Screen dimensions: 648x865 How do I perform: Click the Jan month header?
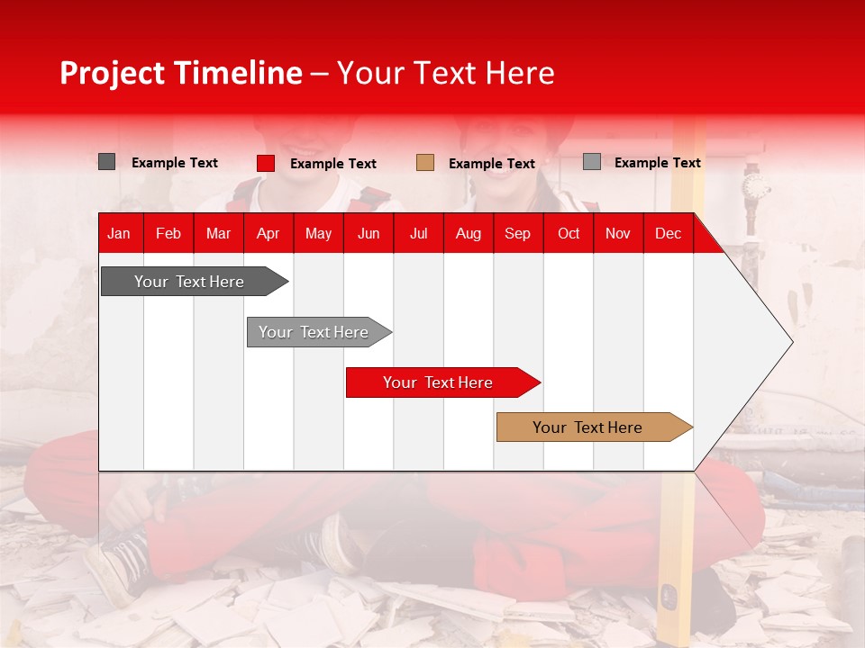(x=119, y=233)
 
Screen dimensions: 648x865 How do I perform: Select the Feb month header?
(x=168, y=233)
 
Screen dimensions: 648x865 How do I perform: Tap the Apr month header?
(x=268, y=233)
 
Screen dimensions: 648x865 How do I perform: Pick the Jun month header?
(x=369, y=233)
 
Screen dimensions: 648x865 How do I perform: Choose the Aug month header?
(x=468, y=233)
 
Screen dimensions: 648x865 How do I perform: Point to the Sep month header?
(x=517, y=233)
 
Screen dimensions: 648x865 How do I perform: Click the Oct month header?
(x=569, y=233)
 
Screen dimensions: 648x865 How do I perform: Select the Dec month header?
(x=668, y=233)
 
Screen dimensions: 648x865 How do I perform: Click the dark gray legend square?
(x=106, y=162)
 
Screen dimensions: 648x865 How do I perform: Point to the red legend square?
(x=266, y=163)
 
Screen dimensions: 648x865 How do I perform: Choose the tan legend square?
(x=425, y=163)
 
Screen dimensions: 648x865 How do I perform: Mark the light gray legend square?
(x=591, y=162)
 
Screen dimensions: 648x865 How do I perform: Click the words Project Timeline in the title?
(x=180, y=73)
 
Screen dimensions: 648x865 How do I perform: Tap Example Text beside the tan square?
(x=491, y=164)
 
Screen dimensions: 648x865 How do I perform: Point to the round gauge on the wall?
(x=755, y=187)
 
